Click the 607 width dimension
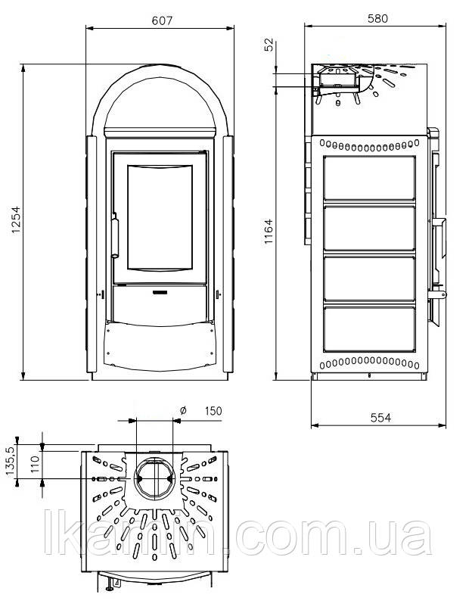pos(162,20)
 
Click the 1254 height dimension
pos(17,219)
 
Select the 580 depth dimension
pos(377,18)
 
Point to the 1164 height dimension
pos(269,232)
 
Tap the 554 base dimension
pos(380,418)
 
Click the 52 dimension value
pos(269,45)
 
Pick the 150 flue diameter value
pos(213,411)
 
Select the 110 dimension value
pos(35,464)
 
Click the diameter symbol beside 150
pos(183,410)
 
